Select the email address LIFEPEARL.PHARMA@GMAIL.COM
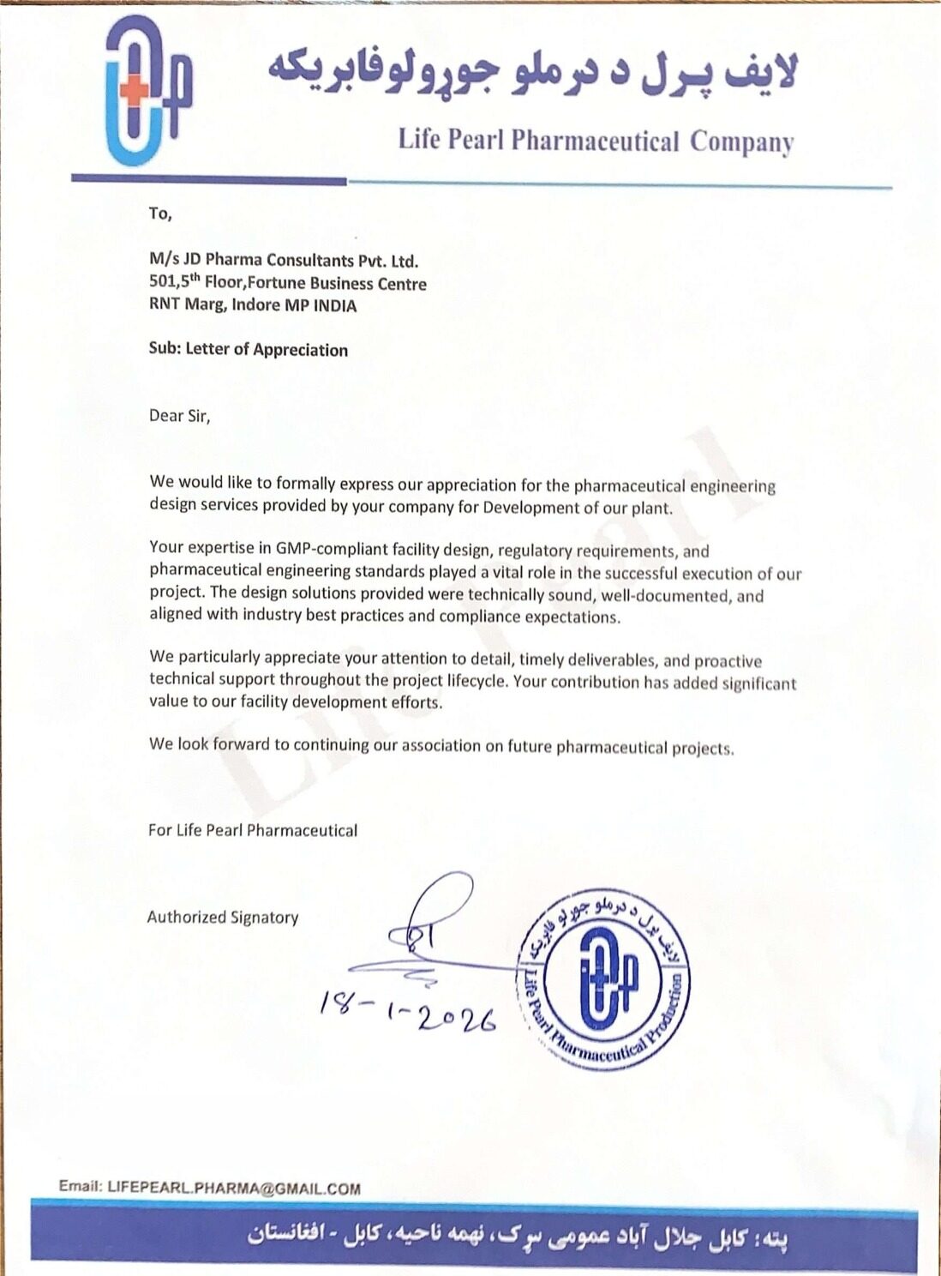[233, 1188]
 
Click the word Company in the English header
[741, 141]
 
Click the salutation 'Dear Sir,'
[179, 416]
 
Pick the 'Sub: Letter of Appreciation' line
[249, 350]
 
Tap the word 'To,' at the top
[160, 214]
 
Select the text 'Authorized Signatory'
[223, 917]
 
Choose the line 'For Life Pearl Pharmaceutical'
[253, 830]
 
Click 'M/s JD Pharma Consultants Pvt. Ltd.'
[284, 261]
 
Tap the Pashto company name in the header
[531, 70]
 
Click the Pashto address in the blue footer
[518, 1237]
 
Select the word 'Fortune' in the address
[277, 283]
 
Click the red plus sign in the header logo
[133, 93]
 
